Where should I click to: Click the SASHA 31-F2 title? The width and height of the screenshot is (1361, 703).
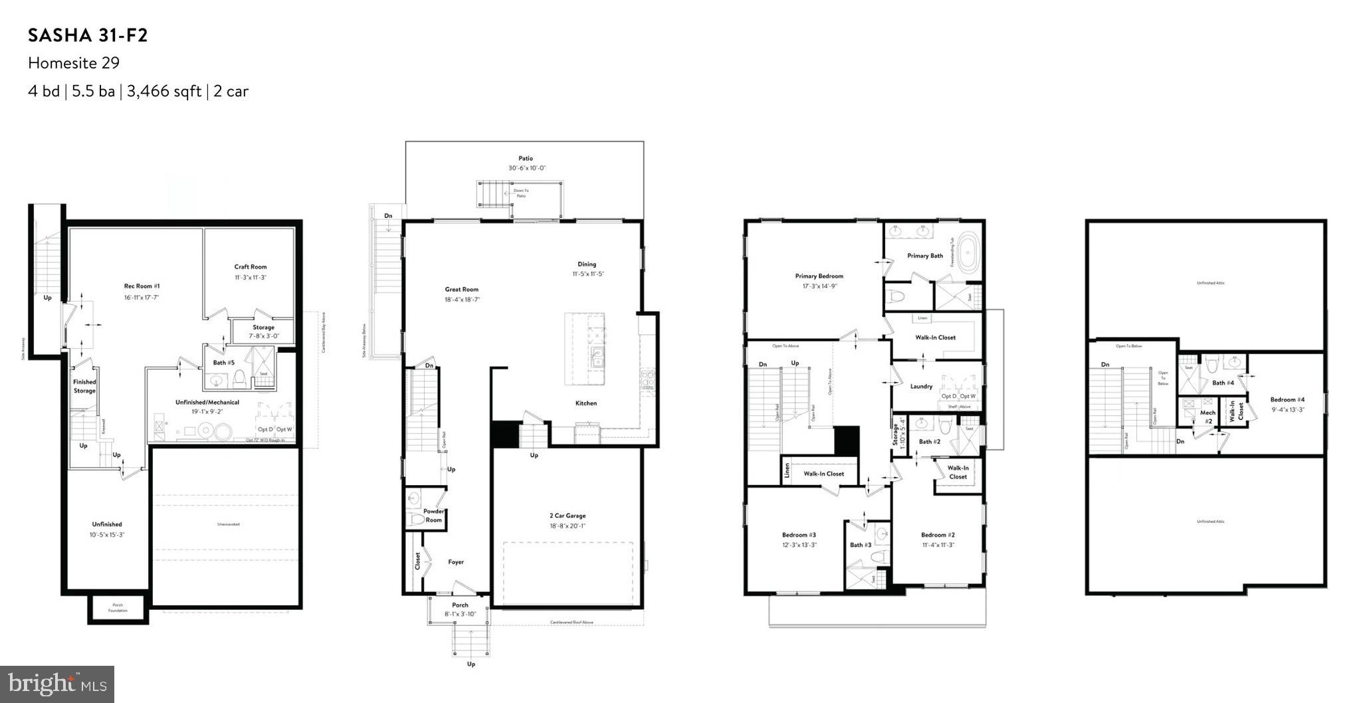(x=88, y=36)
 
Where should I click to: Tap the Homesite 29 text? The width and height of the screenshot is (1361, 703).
(x=74, y=63)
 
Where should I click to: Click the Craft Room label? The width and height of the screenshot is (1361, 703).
(x=251, y=266)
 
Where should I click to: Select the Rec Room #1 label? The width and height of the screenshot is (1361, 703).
(x=142, y=286)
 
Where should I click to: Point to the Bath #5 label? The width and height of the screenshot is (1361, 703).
(x=223, y=363)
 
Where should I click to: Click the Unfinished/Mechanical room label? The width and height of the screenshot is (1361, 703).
(x=207, y=402)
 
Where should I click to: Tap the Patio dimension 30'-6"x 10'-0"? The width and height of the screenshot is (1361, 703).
(x=527, y=168)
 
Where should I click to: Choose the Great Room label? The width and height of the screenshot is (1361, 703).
(x=462, y=289)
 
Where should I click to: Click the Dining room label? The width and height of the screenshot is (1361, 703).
(x=587, y=264)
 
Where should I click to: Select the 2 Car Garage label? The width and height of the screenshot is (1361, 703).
(x=568, y=516)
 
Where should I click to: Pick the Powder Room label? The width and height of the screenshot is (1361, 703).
(x=433, y=516)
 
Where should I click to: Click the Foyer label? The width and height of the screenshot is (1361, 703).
(x=456, y=562)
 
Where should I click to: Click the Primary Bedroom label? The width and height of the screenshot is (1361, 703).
(x=819, y=276)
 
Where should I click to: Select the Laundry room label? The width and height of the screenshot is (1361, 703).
(x=921, y=386)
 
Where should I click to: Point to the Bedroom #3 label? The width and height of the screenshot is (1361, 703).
(x=799, y=535)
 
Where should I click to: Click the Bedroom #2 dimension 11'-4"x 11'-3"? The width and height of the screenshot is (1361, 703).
(x=938, y=545)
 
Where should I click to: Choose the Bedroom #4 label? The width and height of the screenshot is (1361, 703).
(x=1287, y=399)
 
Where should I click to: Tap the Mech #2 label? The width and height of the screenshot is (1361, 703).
(x=1207, y=417)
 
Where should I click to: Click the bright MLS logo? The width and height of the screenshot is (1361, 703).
(x=57, y=684)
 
